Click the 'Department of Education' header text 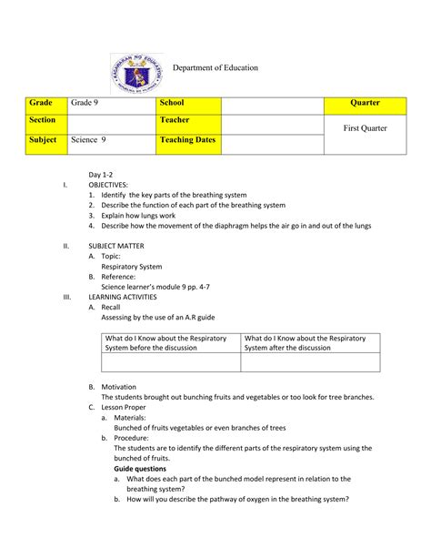(x=215, y=68)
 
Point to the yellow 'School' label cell (x=188, y=104)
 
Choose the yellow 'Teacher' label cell (x=188, y=122)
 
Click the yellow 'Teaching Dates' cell (x=188, y=142)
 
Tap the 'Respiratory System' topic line (x=131, y=268)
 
